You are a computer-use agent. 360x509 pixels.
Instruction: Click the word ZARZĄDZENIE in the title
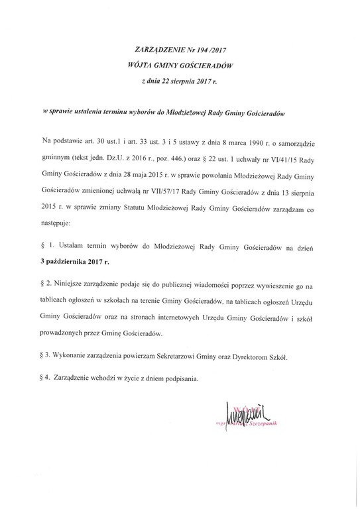click(x=147, y=50)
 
